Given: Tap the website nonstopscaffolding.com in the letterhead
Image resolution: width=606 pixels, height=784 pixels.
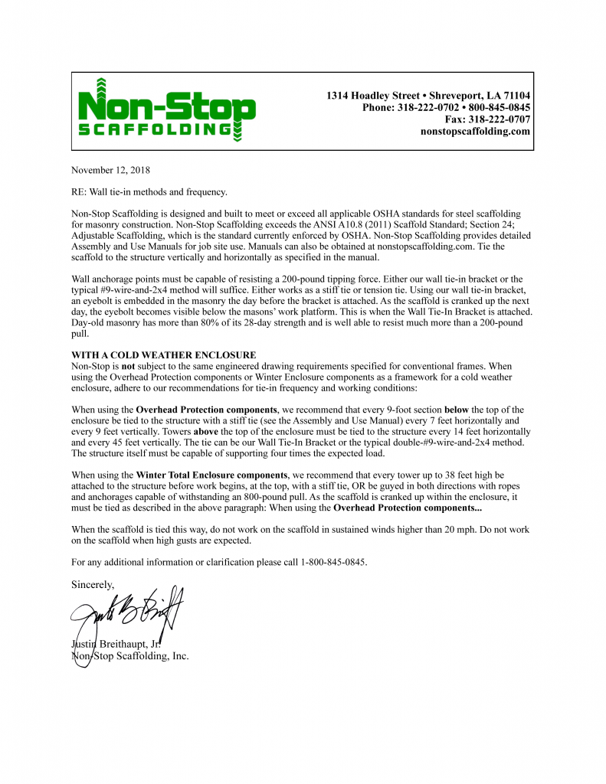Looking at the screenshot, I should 475,132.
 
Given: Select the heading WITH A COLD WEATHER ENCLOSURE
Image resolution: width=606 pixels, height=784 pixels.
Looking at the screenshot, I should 163,355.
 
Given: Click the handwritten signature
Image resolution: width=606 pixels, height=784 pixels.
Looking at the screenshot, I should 126,612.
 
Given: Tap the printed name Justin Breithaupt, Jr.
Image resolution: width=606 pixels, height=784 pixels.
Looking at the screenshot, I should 117,643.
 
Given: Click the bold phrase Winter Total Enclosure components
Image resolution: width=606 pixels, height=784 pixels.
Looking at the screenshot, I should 212,475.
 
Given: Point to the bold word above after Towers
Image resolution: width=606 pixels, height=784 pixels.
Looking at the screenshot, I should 209,431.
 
